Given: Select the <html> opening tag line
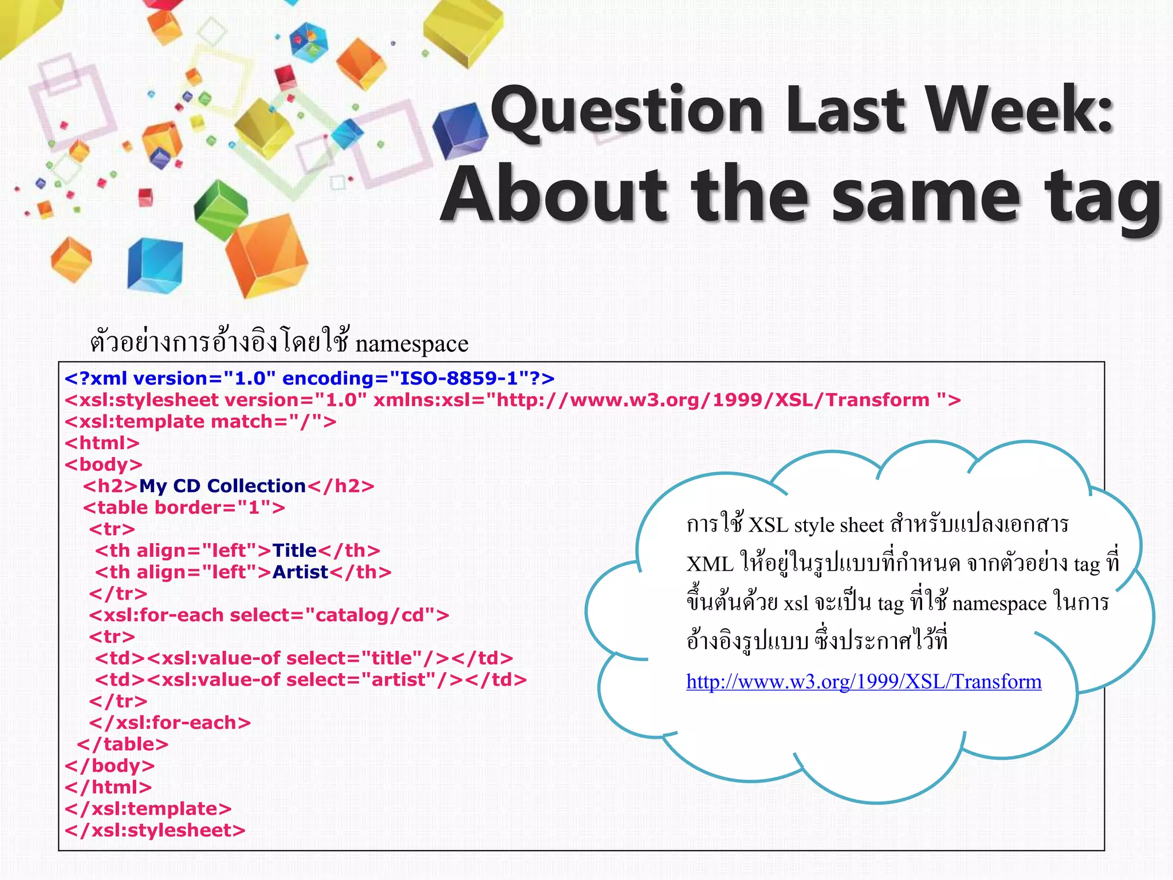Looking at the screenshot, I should coord(102,443).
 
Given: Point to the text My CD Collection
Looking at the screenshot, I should coord(222,486).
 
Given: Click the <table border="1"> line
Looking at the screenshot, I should coord(184,508).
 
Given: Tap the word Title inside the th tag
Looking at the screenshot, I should coord(294,551).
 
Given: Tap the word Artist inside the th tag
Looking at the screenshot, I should coord(300,572).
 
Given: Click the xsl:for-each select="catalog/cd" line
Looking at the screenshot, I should coord(269,615).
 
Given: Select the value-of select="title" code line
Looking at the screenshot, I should coord(304,658).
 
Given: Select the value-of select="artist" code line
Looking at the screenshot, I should coord(310,679).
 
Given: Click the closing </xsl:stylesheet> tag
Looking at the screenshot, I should coord(155,830).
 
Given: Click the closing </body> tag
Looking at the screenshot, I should coord(109,765).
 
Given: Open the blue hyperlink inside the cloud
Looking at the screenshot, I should coord(863,681).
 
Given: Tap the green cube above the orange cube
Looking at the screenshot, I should coord(221,209).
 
